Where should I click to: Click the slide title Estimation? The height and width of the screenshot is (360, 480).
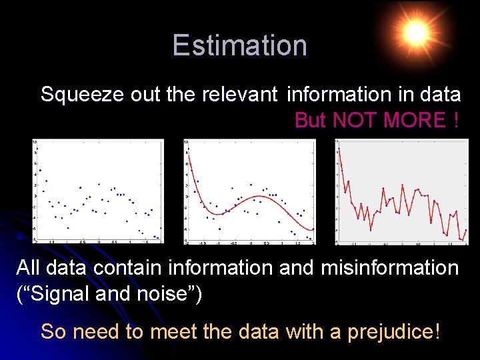[x=239, y=45]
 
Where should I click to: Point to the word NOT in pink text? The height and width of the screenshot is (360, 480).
[x=353, y=121]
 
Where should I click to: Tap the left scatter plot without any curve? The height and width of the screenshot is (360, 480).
[x=97, y=191]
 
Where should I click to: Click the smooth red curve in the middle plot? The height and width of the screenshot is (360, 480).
[x=257, y=197]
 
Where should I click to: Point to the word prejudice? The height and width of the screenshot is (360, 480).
[x=390, y=331]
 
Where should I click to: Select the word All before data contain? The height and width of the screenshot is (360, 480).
[x=28, y=268]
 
